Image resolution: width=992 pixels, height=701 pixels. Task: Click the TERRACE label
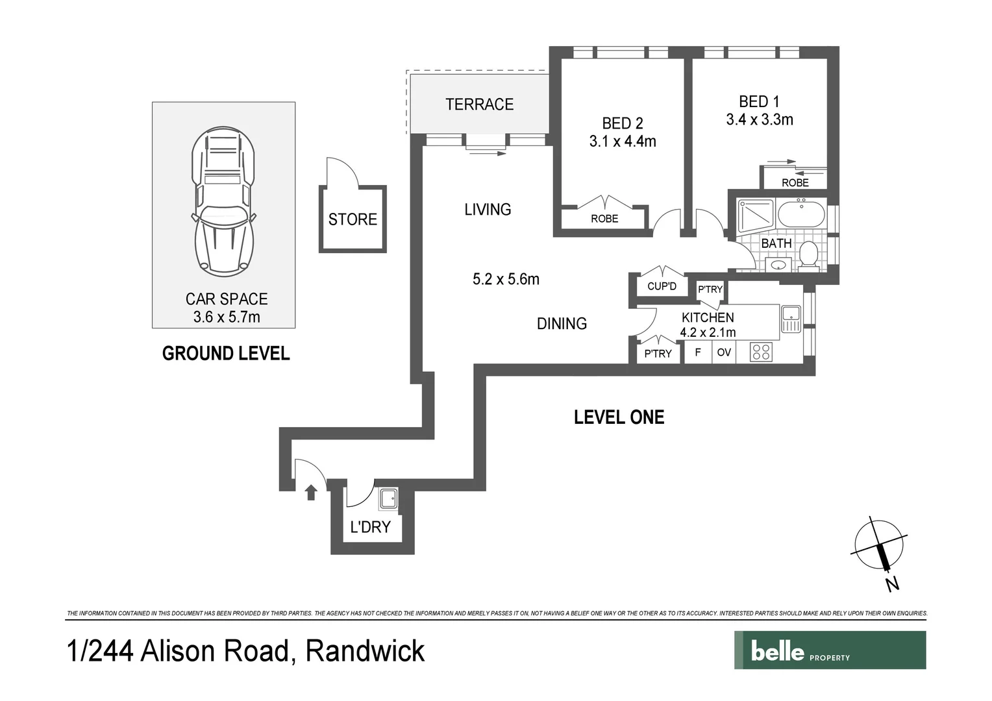tap(479, 105)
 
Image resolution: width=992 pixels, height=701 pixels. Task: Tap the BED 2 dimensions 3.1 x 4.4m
tap(623, 141)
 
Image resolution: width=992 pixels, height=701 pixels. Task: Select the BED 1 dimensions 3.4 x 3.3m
tap(759, 119)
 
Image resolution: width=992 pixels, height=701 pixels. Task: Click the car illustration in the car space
tap(222, 201)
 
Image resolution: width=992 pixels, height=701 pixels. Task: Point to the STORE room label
tap(353, 219)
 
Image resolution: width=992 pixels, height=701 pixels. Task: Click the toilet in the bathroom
tap(808, 254)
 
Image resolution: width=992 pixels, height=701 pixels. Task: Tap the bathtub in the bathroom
tap(800, 214)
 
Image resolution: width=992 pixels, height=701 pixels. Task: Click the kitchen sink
tap(790, 318)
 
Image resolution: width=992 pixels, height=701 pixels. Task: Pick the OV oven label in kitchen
tap(724, 352)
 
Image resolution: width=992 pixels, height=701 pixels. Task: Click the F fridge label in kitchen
tap(698, 352)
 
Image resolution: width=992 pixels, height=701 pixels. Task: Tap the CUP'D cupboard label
tap(662, 286)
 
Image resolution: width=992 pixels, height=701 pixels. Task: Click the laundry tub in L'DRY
tap(389, 499)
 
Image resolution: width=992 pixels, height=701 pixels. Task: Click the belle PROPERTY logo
tap(830, 650)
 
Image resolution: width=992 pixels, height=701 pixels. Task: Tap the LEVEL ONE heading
tap(619, 417)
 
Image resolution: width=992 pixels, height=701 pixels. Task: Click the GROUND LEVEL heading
tap(225, 354)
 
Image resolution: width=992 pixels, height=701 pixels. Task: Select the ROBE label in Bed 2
tap(604, 219)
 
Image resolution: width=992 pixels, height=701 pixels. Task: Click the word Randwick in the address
tap(365, 651)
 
